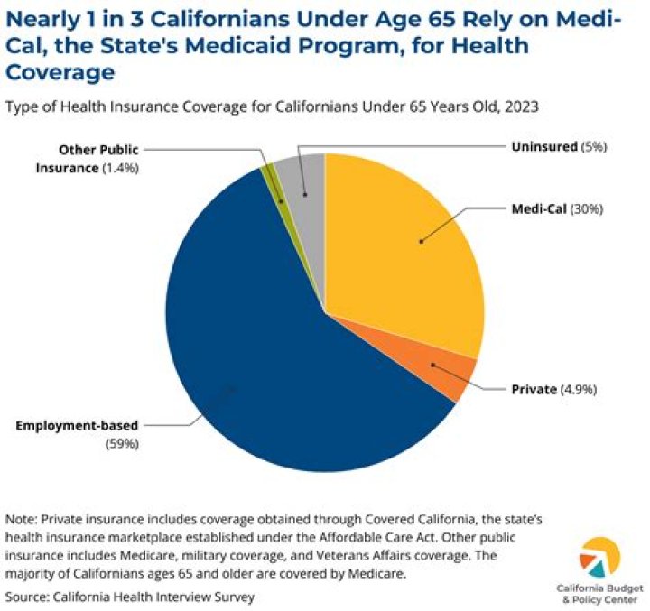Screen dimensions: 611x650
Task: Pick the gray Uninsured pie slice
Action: [307, 176]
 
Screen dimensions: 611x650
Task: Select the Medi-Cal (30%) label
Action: [556, 208]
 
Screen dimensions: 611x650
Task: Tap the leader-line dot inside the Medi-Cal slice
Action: [420, 241]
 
